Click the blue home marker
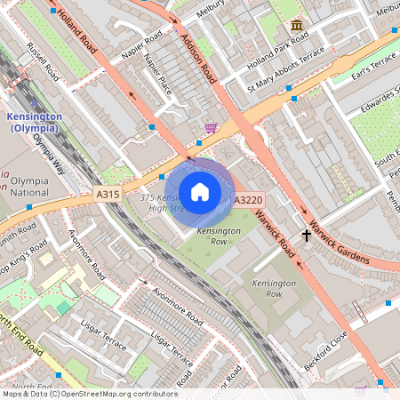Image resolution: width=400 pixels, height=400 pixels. (x=200, y=192)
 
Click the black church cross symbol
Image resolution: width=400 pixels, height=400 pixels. (x=308, y=236)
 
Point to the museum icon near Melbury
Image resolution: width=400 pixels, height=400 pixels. (x=296, y=23)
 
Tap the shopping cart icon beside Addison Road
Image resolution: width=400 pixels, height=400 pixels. (x=211, y=128)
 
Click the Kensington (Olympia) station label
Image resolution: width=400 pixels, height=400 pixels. (x=33, y=122)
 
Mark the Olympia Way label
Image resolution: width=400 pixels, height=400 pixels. (x=49, y=144)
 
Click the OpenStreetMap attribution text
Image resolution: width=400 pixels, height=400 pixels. (x=89, y=394)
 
